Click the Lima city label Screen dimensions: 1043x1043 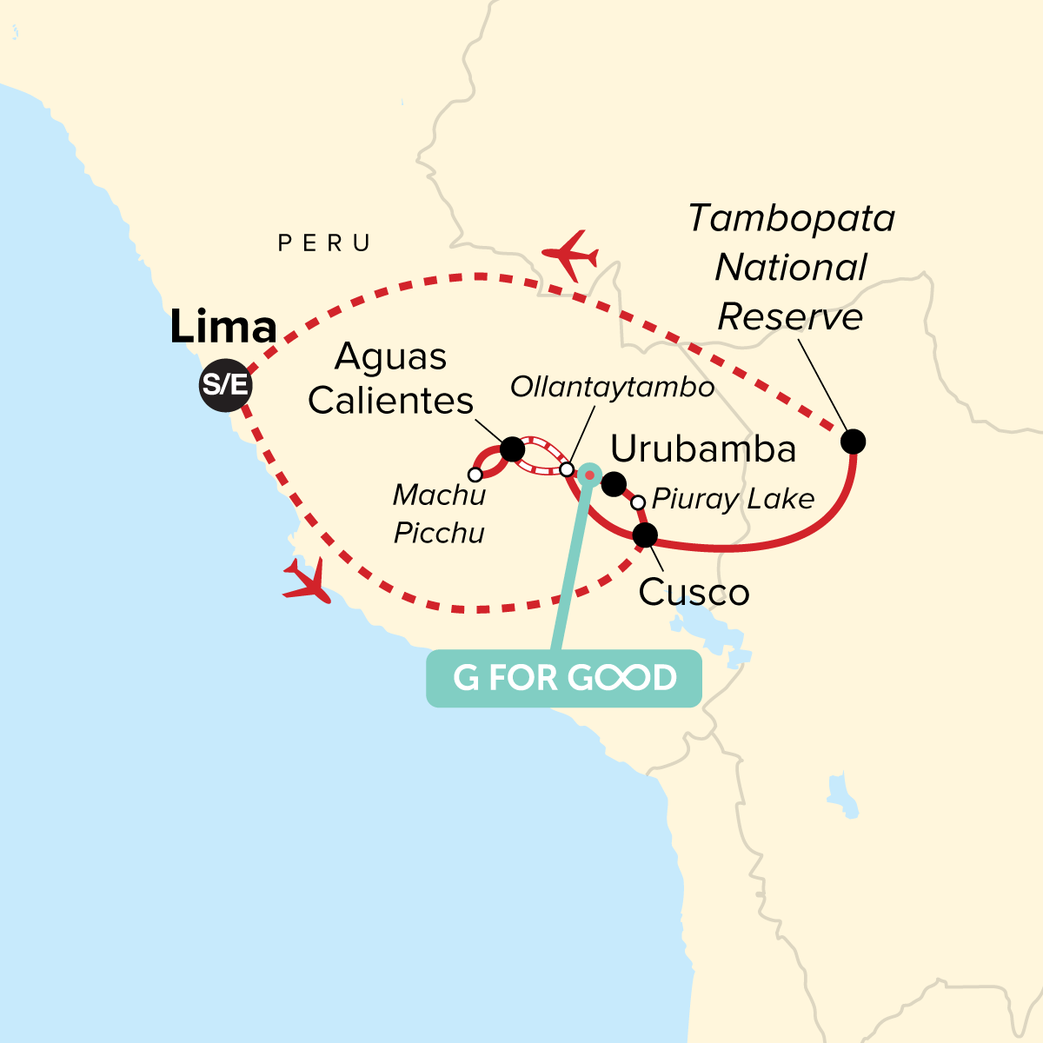(223, 328)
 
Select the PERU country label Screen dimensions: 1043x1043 (324, 243)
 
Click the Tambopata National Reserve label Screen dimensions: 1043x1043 (791, 268)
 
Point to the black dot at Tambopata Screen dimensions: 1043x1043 (854, 442)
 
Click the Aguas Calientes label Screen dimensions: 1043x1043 (390, 379)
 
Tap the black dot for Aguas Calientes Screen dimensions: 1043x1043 (512, 449)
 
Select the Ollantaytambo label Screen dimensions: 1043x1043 (612, 387)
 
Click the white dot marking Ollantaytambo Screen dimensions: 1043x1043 (567, 469)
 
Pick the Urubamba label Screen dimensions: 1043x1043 (703, 449)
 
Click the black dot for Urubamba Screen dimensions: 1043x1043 (614, 484)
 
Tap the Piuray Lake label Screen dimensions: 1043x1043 (733, 499)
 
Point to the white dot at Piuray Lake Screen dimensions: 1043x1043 (638, 502)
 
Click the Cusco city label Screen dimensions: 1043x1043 (694, 593)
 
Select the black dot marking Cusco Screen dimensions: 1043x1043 (645, 535)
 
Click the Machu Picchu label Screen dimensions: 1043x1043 (439, 514)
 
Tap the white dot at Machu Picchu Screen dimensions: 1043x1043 (475, 475)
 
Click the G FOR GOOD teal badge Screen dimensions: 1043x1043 (564, 678)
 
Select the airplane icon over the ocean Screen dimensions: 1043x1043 (307, 581)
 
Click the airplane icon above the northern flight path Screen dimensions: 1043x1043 (570, 255)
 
